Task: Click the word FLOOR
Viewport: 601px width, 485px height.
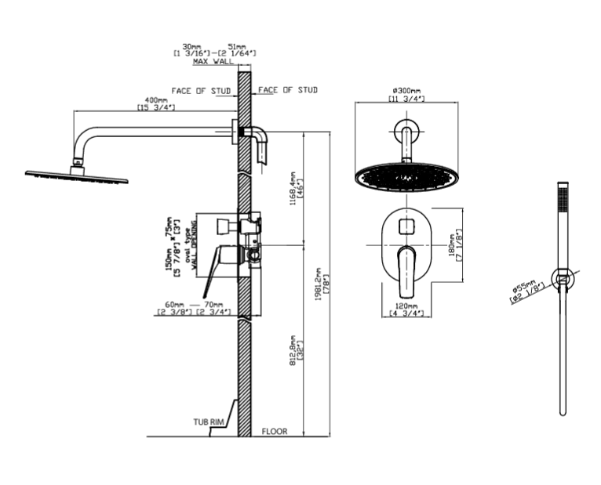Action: pyautogui.click(x=275, y=431)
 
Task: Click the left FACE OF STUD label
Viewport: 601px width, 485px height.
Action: pyautogui.click(x=202, y=91)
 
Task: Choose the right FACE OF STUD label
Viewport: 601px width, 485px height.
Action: pyautogui.click(x=288, y=90)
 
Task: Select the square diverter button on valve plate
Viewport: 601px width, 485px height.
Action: pyautogui.click(x=405, y=226)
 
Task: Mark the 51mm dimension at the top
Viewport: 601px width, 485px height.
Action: pyautogui.click(x=236, y=47)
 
